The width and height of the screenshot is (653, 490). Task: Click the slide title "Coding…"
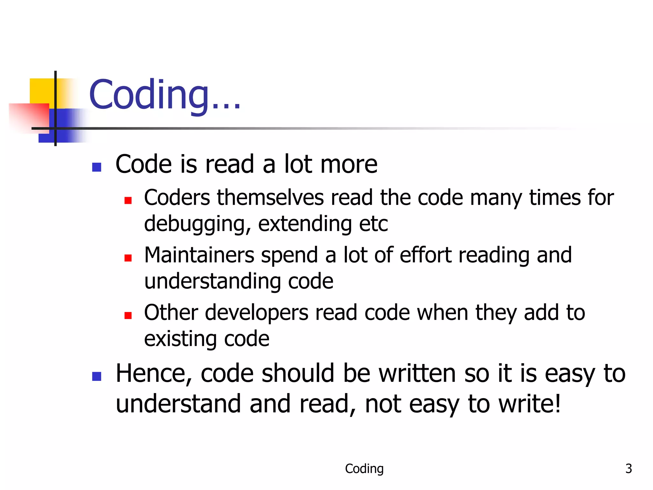pyautogui.click(x=164, y=95)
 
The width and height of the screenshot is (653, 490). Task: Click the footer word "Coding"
pyautogui.click(x=364, y=469)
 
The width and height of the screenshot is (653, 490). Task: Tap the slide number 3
pyautogui.click(x=628, y=469)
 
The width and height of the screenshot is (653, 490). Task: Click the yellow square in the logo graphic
pyautogui.click(x=41, y=91)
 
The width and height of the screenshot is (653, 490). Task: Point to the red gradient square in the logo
pyautogui.click(x=30, y=116)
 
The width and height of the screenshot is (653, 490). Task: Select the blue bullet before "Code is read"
pyautogui.click(x=97, y=167)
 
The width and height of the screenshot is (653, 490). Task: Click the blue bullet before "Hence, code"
pyautogui.click(x=97, y=376)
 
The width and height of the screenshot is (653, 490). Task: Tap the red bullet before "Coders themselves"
pyautogui.click(x=128, y=200)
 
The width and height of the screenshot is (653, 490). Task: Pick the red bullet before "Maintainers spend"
pyautogui.click(x=128, y=258)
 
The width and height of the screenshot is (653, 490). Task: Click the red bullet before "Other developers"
pyautogui.click(x=128, y=316)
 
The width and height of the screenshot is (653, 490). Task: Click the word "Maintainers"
pyautogui.click(x=199, y=255)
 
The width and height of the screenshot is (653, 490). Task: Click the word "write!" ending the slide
pyautogui.click(x=529, y=404)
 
